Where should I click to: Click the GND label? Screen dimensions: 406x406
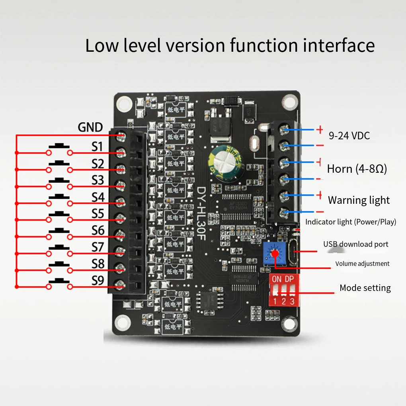90,127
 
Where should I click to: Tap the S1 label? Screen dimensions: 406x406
98,147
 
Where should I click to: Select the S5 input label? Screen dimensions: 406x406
98,214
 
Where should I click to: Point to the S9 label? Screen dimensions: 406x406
98,281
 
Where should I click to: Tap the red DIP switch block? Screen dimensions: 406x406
284,290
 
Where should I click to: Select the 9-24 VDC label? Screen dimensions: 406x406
349,136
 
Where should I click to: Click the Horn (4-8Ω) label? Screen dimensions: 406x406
357,169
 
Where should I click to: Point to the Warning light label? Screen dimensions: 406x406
359,200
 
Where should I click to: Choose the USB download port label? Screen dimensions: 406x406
355,244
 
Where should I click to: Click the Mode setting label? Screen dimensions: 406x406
365,288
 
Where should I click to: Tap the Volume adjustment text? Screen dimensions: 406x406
362,264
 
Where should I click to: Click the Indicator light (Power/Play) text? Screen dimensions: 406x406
351,222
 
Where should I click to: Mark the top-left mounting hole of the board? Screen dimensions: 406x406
123,103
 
